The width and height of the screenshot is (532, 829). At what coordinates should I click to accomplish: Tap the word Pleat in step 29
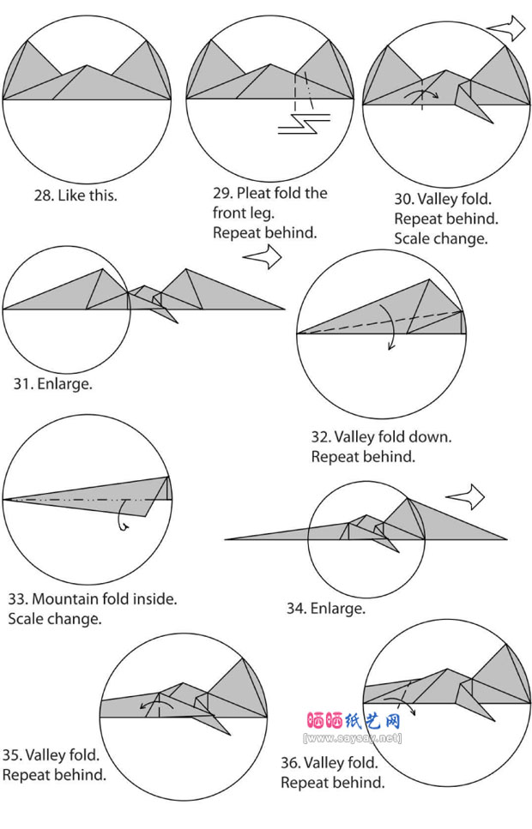click(251, 193)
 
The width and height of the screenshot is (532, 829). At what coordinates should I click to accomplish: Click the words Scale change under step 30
click(440, 238)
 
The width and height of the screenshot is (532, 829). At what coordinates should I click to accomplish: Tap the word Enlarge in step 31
click(64, 383)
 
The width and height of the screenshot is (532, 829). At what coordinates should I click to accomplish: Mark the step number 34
click(295, 609)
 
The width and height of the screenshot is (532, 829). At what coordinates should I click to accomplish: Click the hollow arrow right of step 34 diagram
click(465, 498)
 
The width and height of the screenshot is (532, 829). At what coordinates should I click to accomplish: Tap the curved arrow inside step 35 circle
click(156, 705)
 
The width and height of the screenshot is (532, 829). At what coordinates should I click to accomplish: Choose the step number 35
click(12, 755)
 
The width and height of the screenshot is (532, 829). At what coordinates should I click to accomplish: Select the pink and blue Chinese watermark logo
click(353, 721)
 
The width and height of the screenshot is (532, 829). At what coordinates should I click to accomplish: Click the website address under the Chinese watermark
click(353, 737)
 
